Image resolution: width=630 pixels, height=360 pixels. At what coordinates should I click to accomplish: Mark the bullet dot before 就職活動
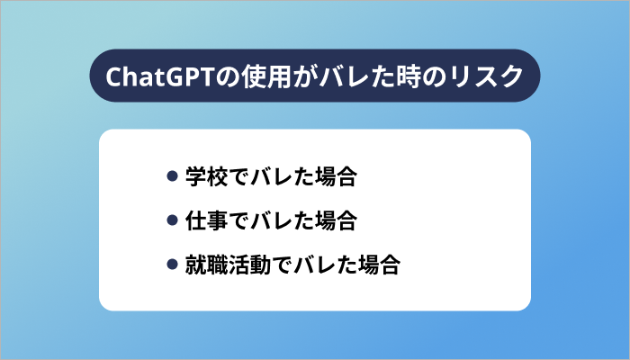pyautogui.click(x=173, y=265)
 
